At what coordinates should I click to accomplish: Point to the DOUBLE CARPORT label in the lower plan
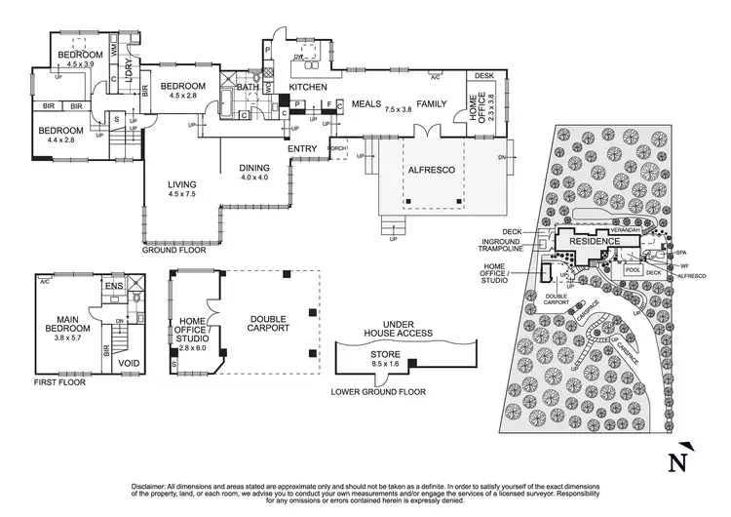268,324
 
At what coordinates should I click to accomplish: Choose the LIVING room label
182,184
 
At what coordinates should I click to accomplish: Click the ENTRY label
303,149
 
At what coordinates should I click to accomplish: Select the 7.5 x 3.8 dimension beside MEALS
399,111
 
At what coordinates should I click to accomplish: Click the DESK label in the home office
484,75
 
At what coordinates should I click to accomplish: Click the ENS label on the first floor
113,286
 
